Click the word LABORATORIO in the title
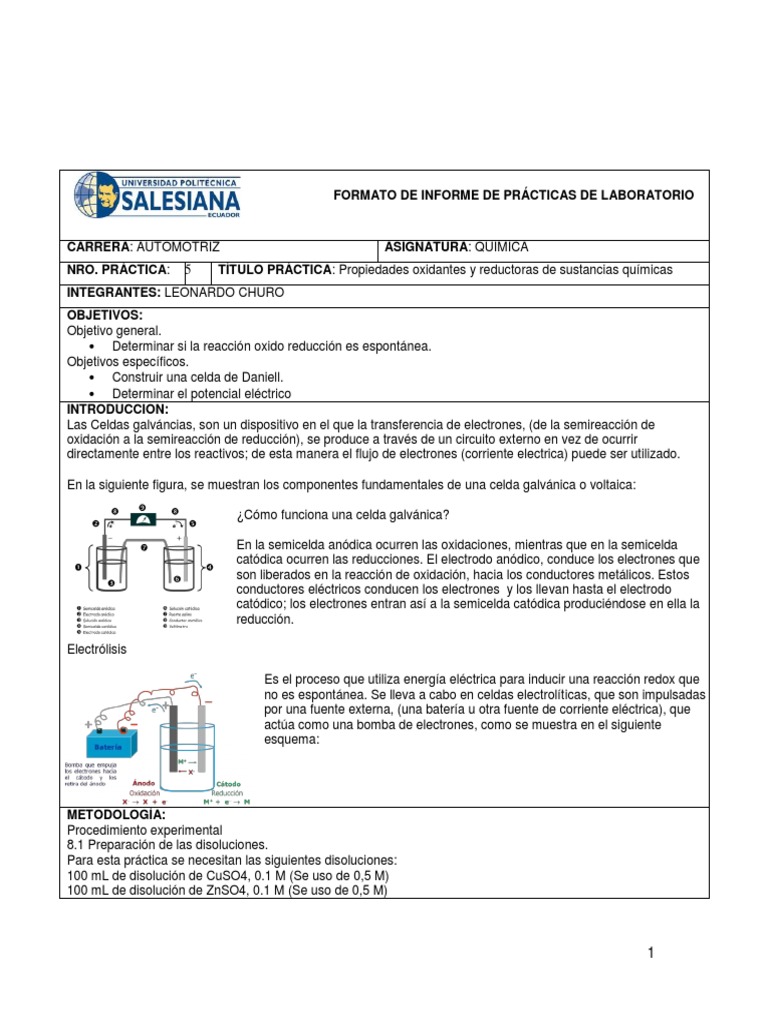tap(641, 195)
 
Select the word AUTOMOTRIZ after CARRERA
tap(177, 247)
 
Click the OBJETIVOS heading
tap(105, 315)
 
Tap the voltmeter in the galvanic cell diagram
tap(142, 519)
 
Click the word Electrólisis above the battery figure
tap(97, 649)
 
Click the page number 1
tap(650, 953)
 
